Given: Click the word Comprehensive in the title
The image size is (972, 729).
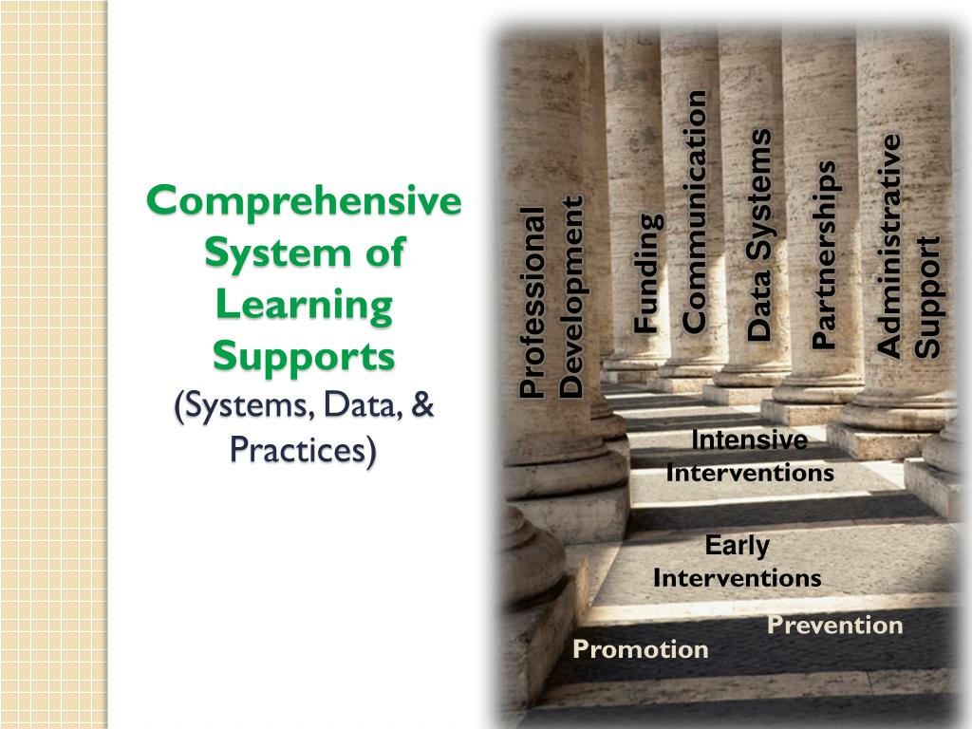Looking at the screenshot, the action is pos(304,202).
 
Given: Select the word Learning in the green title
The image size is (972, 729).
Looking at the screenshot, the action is pos(304,306).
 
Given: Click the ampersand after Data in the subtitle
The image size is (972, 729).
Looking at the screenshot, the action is pos(422,406).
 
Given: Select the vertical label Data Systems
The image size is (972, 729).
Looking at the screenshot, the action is pos(759,235).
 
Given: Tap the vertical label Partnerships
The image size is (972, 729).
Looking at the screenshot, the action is pos(825,254).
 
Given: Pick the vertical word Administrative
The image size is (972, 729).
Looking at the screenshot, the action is pos(889,245).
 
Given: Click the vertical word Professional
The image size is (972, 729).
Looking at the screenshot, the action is pos(533,302).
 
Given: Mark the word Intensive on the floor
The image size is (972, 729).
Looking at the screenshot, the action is pos(749,440).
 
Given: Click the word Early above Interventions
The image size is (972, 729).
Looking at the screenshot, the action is pos(737,546).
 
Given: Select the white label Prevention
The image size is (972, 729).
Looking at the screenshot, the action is pos(834,626).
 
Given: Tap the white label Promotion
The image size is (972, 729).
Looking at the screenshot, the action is pos(641,649).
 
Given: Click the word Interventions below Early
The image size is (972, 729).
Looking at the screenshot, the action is pos(737,578).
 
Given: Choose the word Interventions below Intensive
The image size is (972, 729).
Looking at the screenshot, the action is pos(749,472).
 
